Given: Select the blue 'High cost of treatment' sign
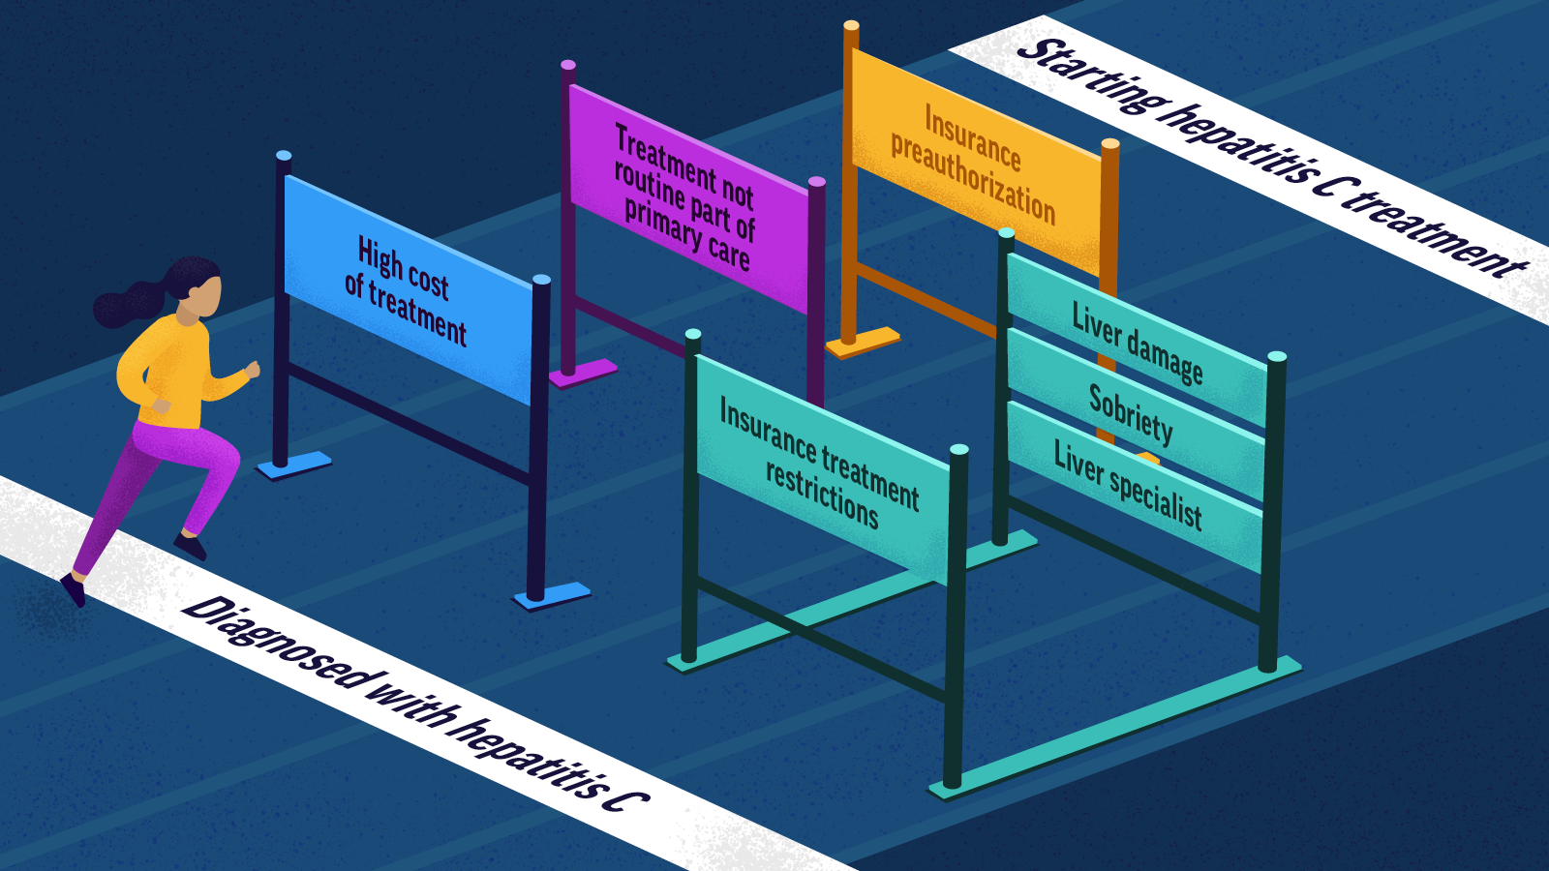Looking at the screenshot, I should coord(407,290).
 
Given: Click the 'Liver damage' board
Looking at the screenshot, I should coord(1137,343).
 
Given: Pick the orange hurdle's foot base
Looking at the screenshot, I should coord(862,341).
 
